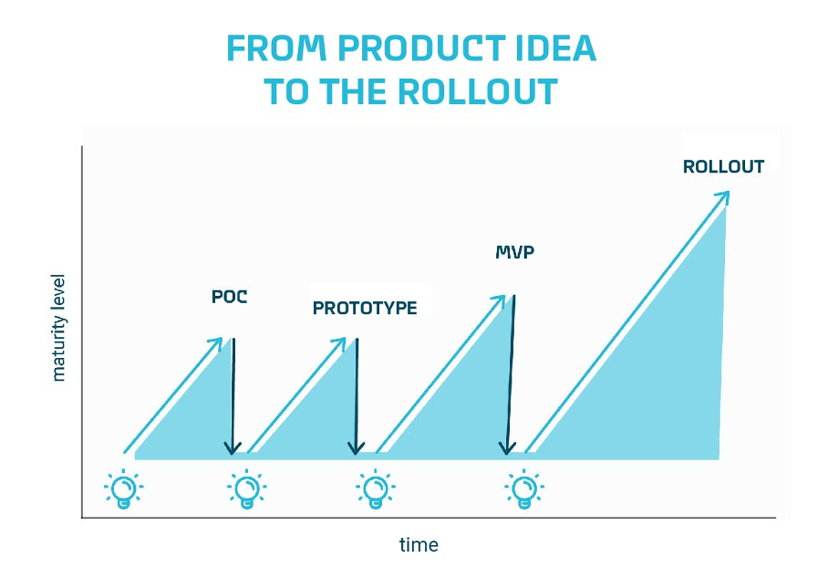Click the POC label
229,297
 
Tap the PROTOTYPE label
365,308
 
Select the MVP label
515,252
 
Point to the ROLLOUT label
723,166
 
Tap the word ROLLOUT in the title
478,91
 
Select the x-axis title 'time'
419,545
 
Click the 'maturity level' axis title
58,327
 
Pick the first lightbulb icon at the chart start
124,489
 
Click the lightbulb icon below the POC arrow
246,489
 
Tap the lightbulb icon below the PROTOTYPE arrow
376,489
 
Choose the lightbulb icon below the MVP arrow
524,489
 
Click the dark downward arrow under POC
233,396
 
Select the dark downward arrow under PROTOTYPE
357,396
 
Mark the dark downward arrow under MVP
510,375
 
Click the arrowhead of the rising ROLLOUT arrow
722,198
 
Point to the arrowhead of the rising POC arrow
216,344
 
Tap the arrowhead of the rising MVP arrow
499,302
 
